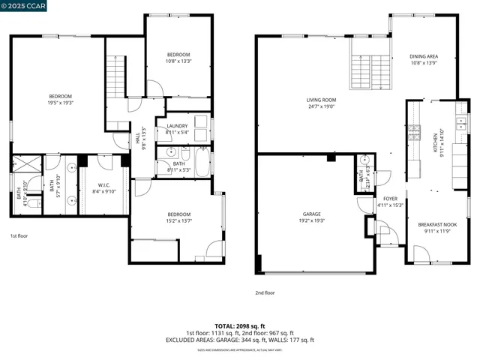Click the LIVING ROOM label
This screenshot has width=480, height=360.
tap(320, 100)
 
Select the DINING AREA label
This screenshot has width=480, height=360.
tap(424, 56)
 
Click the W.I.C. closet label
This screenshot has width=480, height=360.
tap(104, 184)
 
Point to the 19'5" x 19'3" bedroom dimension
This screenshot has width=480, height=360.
tap(60, 103)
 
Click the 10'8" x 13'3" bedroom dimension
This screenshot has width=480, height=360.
tap(178, 61)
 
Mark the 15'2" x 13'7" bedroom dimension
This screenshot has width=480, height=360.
tap(178, 221)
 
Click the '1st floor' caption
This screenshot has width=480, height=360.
tap(19, 235)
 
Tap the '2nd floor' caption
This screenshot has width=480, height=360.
tap(266, 293)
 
